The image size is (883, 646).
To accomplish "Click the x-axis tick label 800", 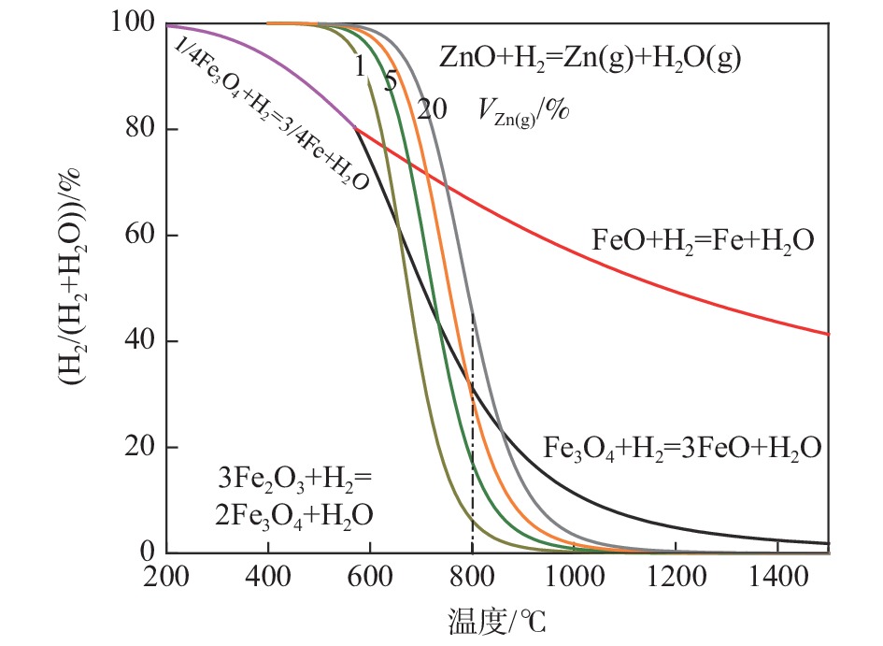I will coord(472,579).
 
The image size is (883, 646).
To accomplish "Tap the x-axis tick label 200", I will coord(166,579).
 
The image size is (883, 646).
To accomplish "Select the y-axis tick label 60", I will coord(136,236).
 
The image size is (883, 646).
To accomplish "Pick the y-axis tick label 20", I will coord(136,448).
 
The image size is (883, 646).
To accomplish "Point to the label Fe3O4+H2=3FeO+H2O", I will coord(682,448).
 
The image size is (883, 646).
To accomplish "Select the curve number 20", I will coord(431,109).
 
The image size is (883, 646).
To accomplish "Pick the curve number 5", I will coord(391,82).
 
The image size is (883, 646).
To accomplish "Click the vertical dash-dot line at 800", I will coord(473,467).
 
